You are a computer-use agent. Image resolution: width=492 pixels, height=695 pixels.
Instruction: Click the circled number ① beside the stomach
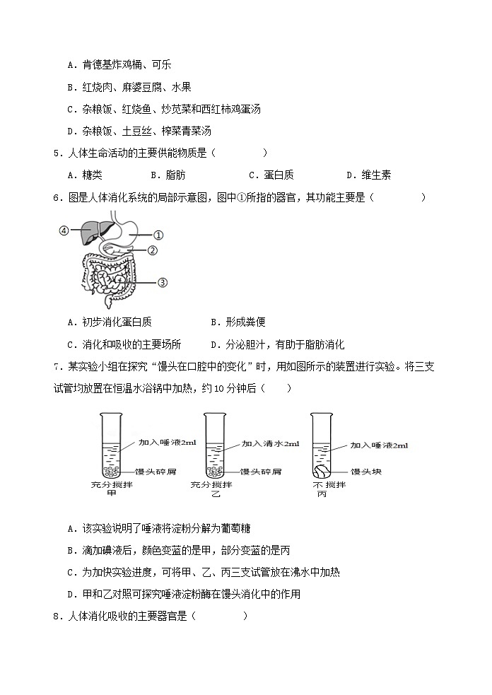coord(159,235)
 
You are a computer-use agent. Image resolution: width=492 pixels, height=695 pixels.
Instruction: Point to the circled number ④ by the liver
coord(64,230)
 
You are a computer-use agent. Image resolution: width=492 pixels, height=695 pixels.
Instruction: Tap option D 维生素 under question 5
coord(369,175)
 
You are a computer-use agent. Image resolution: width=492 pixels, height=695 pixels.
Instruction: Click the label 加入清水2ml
coord(270,444)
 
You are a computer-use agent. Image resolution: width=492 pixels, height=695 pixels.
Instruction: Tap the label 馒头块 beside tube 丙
coord(366,472)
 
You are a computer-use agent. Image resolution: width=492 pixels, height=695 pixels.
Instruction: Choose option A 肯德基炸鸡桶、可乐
coord(119,64)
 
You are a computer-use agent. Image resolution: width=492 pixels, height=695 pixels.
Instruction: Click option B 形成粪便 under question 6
coord(238,322)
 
